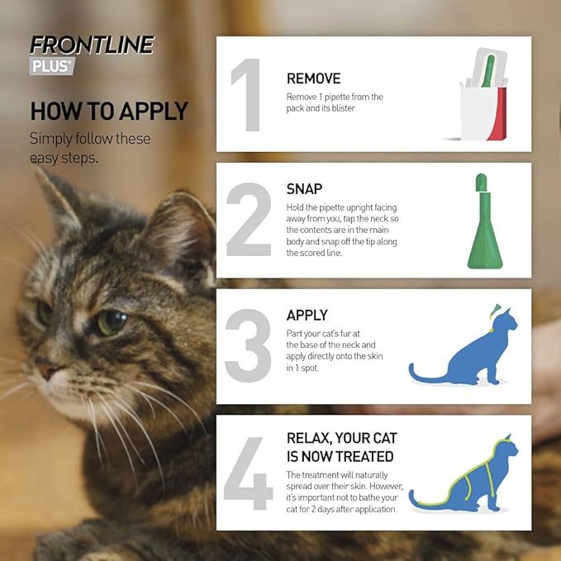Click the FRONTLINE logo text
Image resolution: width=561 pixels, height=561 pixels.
(x=92, y=45)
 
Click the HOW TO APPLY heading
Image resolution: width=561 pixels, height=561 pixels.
(x=109, y=111)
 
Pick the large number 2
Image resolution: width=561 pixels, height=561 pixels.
(x=249, y=221)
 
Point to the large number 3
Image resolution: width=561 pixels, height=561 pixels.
(x=249, y=346)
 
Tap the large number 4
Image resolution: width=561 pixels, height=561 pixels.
(x=248, y=473)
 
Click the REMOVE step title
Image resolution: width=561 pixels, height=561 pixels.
(x=313, y=78)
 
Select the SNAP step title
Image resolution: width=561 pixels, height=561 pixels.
(x=304, y=189)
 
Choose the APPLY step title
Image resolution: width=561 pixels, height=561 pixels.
(x=307, y=315)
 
